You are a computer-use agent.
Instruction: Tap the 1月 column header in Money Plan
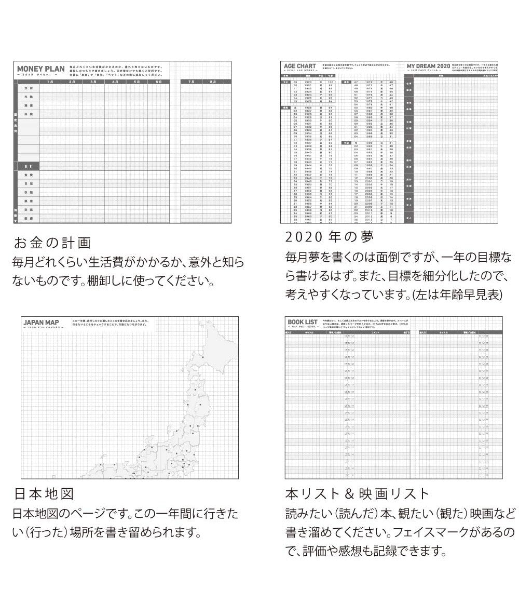(50, 81)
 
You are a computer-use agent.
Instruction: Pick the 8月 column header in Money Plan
(212, 81)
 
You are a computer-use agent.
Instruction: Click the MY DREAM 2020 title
(428, 66)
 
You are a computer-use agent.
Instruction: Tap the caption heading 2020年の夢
(330, 237)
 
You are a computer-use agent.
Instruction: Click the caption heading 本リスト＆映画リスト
(358, 493)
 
